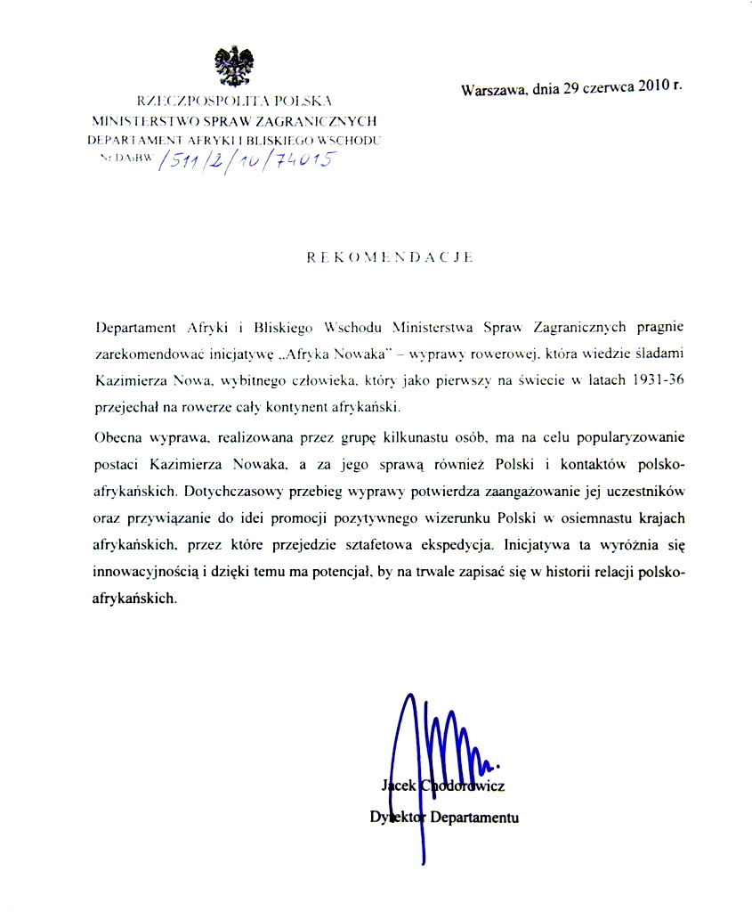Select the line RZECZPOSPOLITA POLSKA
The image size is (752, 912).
(x=235, y=101)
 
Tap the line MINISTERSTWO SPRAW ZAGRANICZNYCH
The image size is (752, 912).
(x=235, y=120)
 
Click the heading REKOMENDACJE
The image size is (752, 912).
(x=389, y=256)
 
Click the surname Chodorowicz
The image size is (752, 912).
(x=463, y=786)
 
